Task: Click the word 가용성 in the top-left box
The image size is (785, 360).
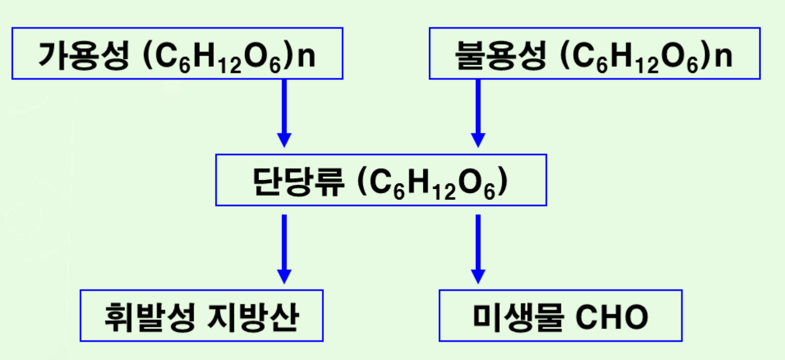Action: click(x=84, y=55)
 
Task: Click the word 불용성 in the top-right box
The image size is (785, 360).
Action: click(x=501, y=55)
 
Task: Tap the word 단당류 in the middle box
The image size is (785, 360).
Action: click(x=298, y=181)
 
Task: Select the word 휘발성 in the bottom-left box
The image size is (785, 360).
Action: click(x=149, y=317)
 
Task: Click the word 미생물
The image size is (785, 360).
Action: click(x=518, y=317)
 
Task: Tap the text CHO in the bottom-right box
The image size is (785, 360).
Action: click(x=612, y=317)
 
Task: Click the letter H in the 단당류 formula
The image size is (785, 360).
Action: click(x=419, y=181)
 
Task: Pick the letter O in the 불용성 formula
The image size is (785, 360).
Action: click(x=673, y=55)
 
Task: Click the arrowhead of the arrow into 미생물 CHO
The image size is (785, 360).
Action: click(x=478, y=276)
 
